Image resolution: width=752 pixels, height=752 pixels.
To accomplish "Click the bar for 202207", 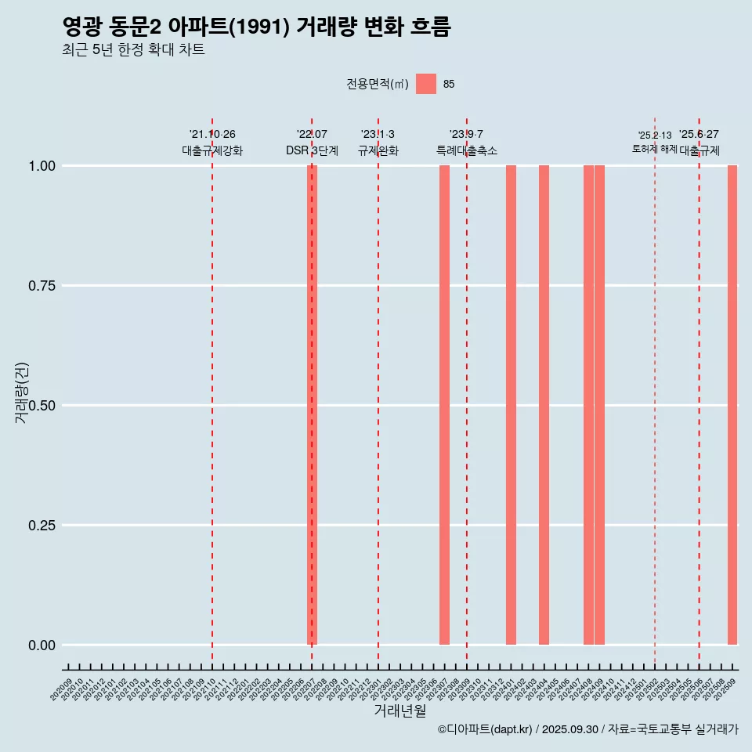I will [312, 405].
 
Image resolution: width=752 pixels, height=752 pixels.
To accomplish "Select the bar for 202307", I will [444, 405].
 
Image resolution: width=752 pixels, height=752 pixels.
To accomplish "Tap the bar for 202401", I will [511, 405].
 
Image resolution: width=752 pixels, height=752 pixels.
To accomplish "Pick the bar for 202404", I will [544, 405].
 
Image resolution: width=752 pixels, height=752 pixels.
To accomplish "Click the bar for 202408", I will [588, 405].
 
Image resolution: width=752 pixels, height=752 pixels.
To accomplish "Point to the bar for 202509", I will [732, 405].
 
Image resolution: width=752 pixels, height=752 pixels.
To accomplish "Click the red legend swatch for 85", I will [426, 84].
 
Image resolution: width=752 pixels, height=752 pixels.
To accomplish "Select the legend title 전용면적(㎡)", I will [378, 85].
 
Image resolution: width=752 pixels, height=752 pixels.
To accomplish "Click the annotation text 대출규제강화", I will [212, 150].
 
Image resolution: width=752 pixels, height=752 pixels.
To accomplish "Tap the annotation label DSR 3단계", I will [312, 150].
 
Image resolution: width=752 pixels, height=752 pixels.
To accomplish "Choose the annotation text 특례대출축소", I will [467, 150].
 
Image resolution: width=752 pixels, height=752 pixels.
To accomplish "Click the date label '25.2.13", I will [654, 136].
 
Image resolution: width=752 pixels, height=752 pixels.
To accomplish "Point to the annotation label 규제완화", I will [378, 150].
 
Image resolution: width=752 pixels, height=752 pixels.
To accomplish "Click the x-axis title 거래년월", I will [400, 711].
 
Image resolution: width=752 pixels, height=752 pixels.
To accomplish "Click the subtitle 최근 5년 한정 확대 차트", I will [133, 50].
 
